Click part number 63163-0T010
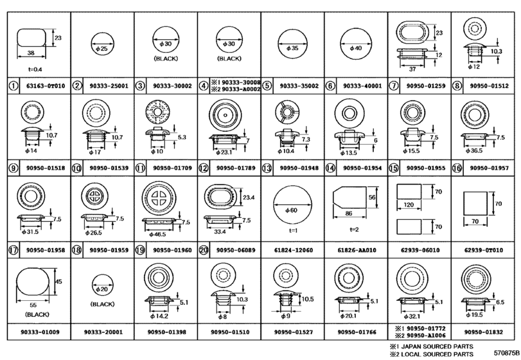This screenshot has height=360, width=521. pos(46,85)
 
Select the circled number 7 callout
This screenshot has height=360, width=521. pos(393,85)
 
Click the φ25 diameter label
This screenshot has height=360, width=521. pos(102,48)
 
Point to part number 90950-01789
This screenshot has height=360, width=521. pos(236,168)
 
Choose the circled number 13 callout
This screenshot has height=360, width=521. pos(267,168)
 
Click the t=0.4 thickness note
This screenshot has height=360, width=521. pos(35,69)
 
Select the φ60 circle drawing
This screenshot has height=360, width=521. pos(293,205)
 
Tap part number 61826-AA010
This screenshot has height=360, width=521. pos(357,250)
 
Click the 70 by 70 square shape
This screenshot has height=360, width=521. pos(475,203)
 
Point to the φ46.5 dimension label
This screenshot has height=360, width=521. pos(157,235)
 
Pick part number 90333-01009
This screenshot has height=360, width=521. pos(39,332)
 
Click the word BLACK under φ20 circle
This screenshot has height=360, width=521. pos(102,304)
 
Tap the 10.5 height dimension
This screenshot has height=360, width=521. pos(307,299)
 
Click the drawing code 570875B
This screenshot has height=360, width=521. pos(506,353)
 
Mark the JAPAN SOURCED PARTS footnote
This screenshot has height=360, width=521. pos(432,346)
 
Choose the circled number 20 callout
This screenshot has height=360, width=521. pos(204,250)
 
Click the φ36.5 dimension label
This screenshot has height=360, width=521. pos(474,151)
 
